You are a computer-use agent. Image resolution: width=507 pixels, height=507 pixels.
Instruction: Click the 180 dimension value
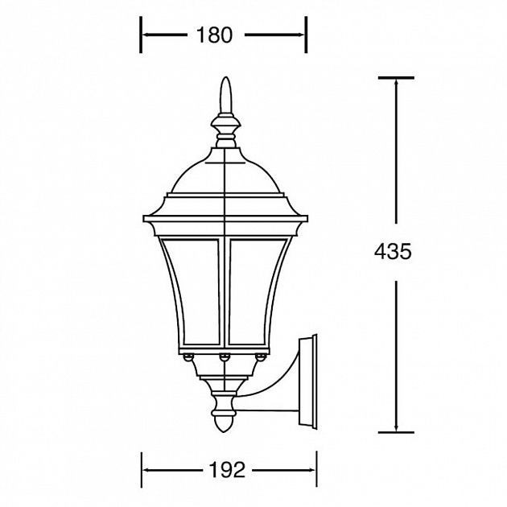[214, 35]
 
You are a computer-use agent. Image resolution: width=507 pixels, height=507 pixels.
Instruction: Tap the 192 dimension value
[227, 470]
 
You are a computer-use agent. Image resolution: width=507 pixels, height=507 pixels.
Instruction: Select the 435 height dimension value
[393, 251]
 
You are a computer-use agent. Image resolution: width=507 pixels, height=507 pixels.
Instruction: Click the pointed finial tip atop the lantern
[225, 77]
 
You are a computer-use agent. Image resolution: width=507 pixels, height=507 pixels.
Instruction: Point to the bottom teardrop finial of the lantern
[225, 423]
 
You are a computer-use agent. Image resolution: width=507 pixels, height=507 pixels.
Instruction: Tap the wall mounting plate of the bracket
[308, 381]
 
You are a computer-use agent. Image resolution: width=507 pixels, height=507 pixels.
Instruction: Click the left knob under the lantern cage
[188, 357]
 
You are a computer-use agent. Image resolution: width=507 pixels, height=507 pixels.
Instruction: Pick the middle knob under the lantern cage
[225, 357]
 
